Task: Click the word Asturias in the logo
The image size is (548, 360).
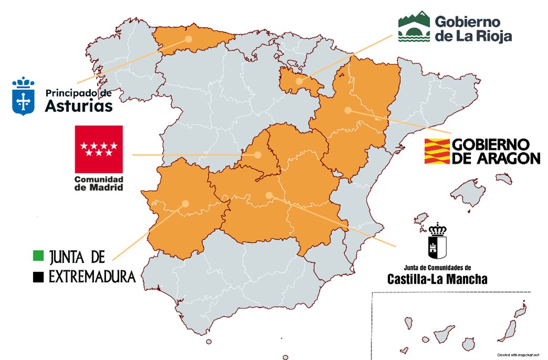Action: point(79,107)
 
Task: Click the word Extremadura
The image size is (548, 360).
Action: point(92,276)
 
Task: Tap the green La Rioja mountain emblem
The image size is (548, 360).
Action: point(413,28)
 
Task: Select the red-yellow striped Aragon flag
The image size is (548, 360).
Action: point(437,151)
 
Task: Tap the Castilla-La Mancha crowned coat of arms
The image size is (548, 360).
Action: point(437,242)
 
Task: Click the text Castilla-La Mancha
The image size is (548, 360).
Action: point(437,280)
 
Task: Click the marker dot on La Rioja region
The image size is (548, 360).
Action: point(299,81)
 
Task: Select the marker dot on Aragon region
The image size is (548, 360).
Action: point(347,110)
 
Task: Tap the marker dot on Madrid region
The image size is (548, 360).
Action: point(258,155)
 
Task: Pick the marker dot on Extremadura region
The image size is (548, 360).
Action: point(185,203)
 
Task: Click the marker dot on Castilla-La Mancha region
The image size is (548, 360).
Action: point(269,196)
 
